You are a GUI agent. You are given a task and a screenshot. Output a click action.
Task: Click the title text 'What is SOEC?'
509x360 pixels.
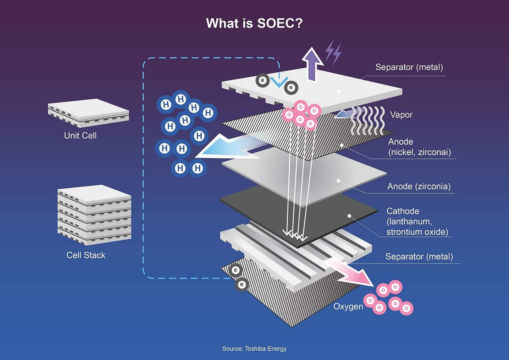click(254, 23)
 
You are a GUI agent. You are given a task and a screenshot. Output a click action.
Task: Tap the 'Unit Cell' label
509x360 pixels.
click(80, 135)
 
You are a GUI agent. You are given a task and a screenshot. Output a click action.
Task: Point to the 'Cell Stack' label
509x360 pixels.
click(86, 255)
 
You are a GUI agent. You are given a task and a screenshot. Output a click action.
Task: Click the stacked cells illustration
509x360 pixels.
click(94, 215)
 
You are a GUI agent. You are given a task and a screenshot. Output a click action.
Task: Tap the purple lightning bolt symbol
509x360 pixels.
click(333, 52)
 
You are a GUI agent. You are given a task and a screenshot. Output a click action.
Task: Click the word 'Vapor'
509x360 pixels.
click(401, 115)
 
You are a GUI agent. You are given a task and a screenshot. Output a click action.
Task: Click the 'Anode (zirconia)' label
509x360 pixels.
click(419, 186)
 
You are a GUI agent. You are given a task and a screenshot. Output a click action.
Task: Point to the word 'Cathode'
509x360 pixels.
click(403, 211)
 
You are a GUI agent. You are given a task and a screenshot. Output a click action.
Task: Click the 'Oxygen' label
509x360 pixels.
click(348, 307)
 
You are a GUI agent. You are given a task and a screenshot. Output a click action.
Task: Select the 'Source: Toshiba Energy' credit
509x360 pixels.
click(254, 349)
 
